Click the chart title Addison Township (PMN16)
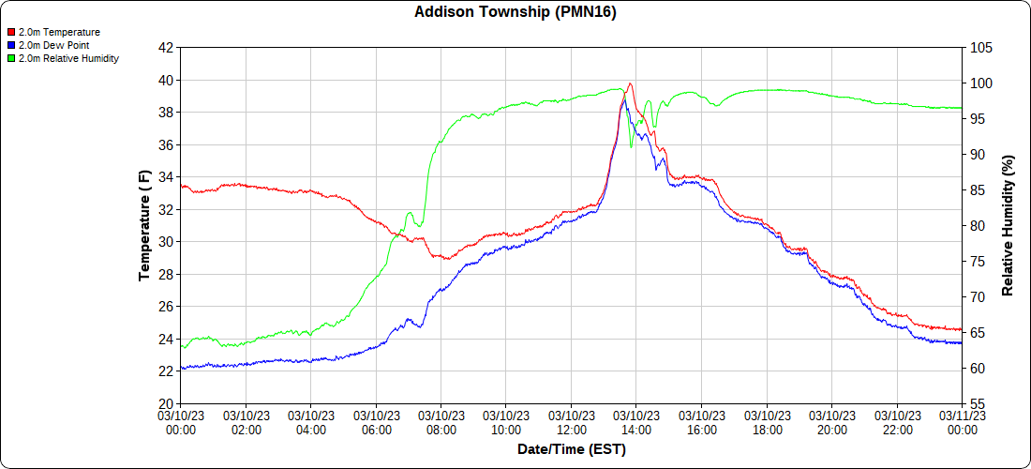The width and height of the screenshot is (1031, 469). [515, 12]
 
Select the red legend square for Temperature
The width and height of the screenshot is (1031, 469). [10, 32]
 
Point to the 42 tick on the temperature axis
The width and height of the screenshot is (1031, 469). [166, 48]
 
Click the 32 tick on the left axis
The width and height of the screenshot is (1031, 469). [166, 209]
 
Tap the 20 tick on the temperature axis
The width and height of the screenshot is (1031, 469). [166, 403]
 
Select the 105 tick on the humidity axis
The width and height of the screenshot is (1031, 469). [980, 48]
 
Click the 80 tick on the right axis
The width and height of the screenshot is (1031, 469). [978, 226]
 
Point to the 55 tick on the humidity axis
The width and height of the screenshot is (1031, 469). [978, 403]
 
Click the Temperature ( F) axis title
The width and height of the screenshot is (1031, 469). [144, 225]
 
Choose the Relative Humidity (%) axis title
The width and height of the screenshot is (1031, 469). [1009, 225]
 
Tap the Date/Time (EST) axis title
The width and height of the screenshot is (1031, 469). [571, 449]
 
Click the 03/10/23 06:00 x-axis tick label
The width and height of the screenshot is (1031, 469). [376, 422]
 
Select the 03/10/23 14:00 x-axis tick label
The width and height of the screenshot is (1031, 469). [636, 422]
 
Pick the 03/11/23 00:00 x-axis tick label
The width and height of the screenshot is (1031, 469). [962, 422]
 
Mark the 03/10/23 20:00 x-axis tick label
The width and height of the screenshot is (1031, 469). [831, 422]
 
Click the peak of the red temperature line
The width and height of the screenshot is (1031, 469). [630, 83]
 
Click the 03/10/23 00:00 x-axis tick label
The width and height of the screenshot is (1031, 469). [181, 422]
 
